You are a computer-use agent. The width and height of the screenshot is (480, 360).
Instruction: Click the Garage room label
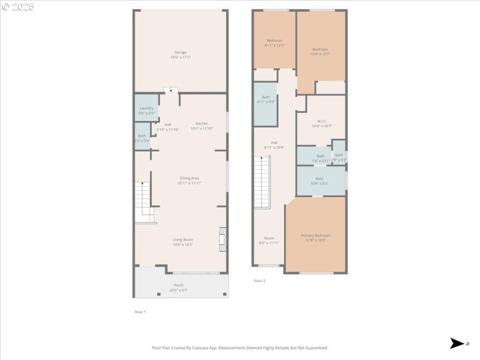180,52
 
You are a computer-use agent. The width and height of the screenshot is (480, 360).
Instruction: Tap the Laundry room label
146,108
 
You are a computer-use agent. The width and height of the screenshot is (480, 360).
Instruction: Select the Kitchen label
202,124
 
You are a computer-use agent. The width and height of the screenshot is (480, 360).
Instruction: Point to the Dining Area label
190,178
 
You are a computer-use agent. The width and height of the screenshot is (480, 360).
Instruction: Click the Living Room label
183,239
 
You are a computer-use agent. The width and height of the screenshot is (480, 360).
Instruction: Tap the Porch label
179,285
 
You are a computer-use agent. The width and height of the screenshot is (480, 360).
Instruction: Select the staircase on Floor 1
143,202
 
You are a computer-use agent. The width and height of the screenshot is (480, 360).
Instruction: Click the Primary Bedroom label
315,235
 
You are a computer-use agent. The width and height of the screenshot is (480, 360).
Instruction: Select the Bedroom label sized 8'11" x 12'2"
274,40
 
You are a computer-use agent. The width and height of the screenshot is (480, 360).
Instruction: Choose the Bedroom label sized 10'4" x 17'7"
320,49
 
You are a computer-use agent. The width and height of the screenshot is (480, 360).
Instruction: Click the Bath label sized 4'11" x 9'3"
266,97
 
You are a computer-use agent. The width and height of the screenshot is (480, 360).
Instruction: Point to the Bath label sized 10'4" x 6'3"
319,178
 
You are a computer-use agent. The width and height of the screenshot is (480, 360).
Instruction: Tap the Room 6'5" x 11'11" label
269,238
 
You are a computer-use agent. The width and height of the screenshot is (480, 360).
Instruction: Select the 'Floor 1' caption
140,312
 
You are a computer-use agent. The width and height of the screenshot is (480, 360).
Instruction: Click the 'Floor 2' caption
259,281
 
